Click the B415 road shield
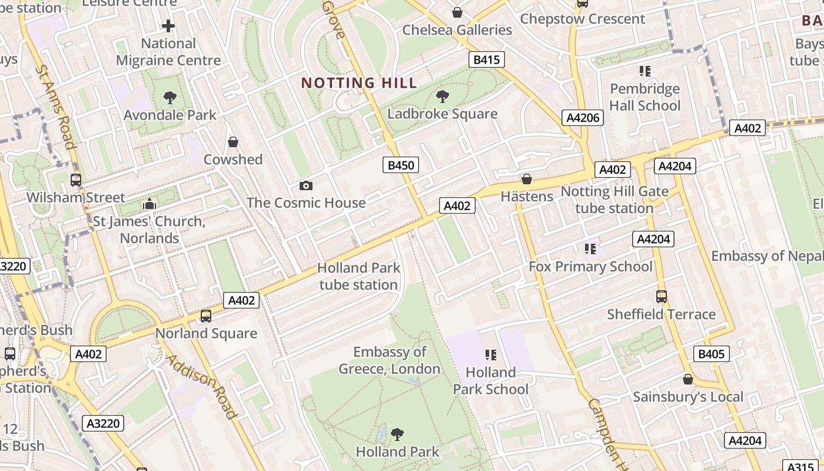coord(486,59)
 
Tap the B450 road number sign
coord(401,165)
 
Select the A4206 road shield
coord(582,118)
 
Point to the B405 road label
coord(712,354)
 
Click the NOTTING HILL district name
coord(359,83)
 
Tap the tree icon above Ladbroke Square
coord(442,97)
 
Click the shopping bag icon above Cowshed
coord(233,142)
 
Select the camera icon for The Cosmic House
coord(305,186)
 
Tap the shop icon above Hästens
coord(526,179)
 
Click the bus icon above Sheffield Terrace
coord(661,297)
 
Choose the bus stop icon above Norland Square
coord(205,316)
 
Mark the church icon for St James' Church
coord(149,204)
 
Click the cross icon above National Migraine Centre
coord(168,26)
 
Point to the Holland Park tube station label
coord(358,276)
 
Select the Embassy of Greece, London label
coord(389,360)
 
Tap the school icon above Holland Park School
coord(490,354)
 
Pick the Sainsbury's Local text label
coord(687,397)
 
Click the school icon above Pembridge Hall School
coord(644,71)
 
